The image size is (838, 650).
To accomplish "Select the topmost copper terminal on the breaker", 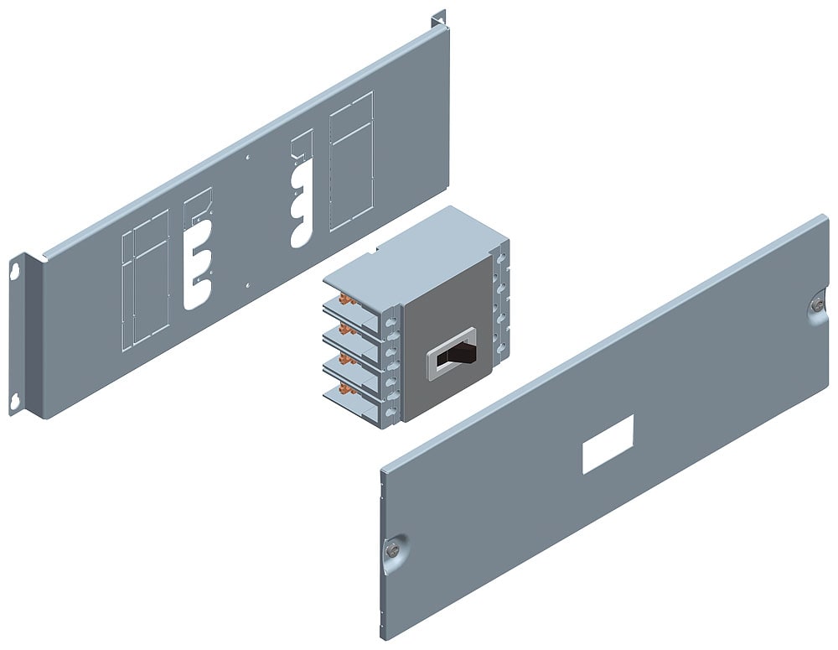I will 343,299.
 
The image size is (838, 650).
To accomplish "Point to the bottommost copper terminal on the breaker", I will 344,392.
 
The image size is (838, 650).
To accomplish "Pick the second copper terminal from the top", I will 343,330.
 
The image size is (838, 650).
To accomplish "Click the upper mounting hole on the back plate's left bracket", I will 15,269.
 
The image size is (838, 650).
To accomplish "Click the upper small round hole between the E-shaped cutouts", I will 246,158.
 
